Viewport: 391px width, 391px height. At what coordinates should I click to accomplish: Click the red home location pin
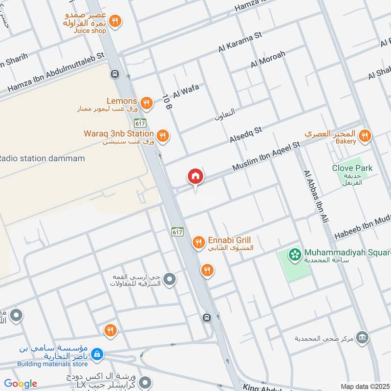click(x=195, y=176)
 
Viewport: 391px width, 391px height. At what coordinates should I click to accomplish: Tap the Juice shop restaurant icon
click(x=115, y=21)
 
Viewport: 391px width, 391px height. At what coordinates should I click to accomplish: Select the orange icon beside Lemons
click(x=146, y=103)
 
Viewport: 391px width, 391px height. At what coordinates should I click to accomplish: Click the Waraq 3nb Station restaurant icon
click(x=163, y=135)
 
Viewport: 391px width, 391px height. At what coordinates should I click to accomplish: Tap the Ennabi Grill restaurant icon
click(x=198, y=242)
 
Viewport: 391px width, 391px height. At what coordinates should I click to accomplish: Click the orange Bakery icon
click(x=364, y=136)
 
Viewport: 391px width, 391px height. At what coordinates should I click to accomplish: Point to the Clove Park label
click(x=352, y=168)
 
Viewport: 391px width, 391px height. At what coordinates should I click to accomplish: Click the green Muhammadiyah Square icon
click(x=294, y=254)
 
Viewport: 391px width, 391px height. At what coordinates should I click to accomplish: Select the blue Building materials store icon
click(x=97, y=354)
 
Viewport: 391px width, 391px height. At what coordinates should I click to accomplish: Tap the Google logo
click(x=21, y=384)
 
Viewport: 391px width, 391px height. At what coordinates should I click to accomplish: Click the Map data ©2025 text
click(x=364, y=386)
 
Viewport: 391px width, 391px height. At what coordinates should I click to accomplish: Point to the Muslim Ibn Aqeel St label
click(x=266, y=156)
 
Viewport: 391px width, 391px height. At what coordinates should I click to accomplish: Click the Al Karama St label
click(x=240, y=42)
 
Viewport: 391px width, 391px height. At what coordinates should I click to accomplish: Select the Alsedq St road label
click(x=246, y=135)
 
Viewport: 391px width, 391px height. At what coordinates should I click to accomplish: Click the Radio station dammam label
click(x=42, y=158)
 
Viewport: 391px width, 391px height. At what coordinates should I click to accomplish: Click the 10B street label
click(x=167, y=102)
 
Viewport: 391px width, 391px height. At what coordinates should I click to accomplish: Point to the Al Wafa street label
click(x=186, y=90)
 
